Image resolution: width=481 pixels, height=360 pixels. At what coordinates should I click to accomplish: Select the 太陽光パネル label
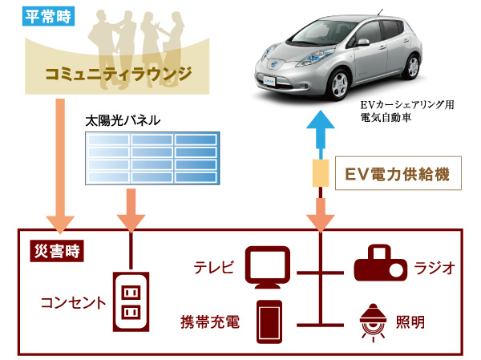(123, 120)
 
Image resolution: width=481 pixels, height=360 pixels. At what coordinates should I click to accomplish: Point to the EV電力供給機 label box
(398, 172)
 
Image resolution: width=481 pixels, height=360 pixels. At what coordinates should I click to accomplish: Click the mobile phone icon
(268, 320)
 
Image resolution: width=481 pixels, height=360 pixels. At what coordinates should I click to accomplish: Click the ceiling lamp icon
(374, 321)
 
